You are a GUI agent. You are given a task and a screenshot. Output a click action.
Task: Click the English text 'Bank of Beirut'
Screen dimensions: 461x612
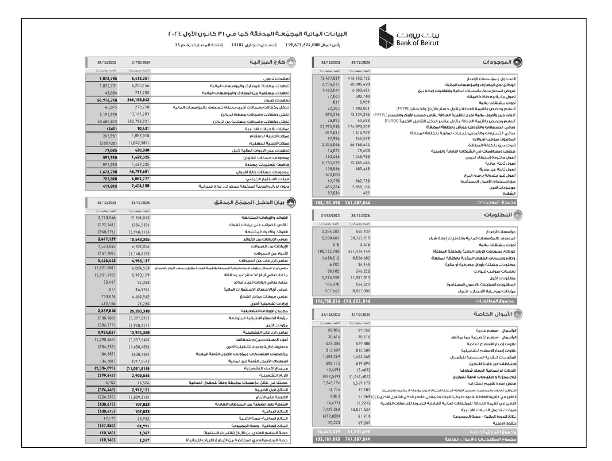(x=417, y=43)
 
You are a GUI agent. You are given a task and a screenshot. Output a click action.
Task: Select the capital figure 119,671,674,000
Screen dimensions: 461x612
(x=302, y=45)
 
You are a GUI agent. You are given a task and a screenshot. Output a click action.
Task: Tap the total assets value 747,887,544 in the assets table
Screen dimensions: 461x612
(x=358, y=203)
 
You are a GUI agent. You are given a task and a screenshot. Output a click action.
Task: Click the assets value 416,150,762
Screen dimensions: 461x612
(x=359, y=78)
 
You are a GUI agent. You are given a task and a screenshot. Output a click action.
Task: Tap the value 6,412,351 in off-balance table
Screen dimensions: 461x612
(x=141, y=78)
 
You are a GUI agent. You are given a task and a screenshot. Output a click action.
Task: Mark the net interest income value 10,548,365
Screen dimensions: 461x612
(x=139, y=239)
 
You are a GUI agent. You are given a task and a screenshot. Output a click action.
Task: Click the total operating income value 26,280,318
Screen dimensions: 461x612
(x=139, y=311)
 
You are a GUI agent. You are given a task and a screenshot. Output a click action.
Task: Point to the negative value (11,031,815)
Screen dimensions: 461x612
(x=138, y=369)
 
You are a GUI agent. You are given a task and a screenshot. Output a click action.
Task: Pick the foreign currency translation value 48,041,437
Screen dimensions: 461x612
(x=360, y=409)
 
